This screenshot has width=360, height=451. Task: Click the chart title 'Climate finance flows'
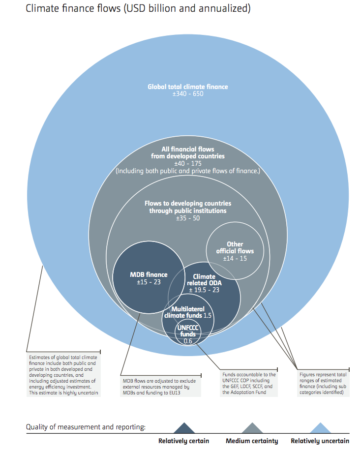73,8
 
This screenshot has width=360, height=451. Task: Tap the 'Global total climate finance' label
188,87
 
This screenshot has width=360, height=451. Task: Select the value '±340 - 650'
188,94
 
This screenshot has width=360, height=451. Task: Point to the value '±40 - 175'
188,163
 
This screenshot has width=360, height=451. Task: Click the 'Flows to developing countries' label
188,203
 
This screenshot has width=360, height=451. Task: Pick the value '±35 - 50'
188,218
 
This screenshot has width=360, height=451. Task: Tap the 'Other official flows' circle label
235,247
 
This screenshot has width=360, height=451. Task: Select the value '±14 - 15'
235,258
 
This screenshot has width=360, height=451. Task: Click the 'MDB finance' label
149,275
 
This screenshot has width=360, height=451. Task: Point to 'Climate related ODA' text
204,279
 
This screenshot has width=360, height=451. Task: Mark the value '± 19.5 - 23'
204,290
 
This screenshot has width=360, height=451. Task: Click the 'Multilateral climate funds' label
183,312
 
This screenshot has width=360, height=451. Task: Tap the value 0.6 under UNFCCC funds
188,341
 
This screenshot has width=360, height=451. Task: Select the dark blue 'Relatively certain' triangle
184,429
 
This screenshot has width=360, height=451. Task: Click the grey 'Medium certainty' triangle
252,429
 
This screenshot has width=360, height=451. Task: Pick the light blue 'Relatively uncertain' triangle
320,429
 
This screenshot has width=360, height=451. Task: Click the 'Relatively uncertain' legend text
320,441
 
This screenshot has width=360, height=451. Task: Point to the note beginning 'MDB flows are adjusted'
159,387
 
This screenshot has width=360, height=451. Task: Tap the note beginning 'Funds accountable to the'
249,384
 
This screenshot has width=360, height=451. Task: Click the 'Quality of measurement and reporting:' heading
86,427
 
